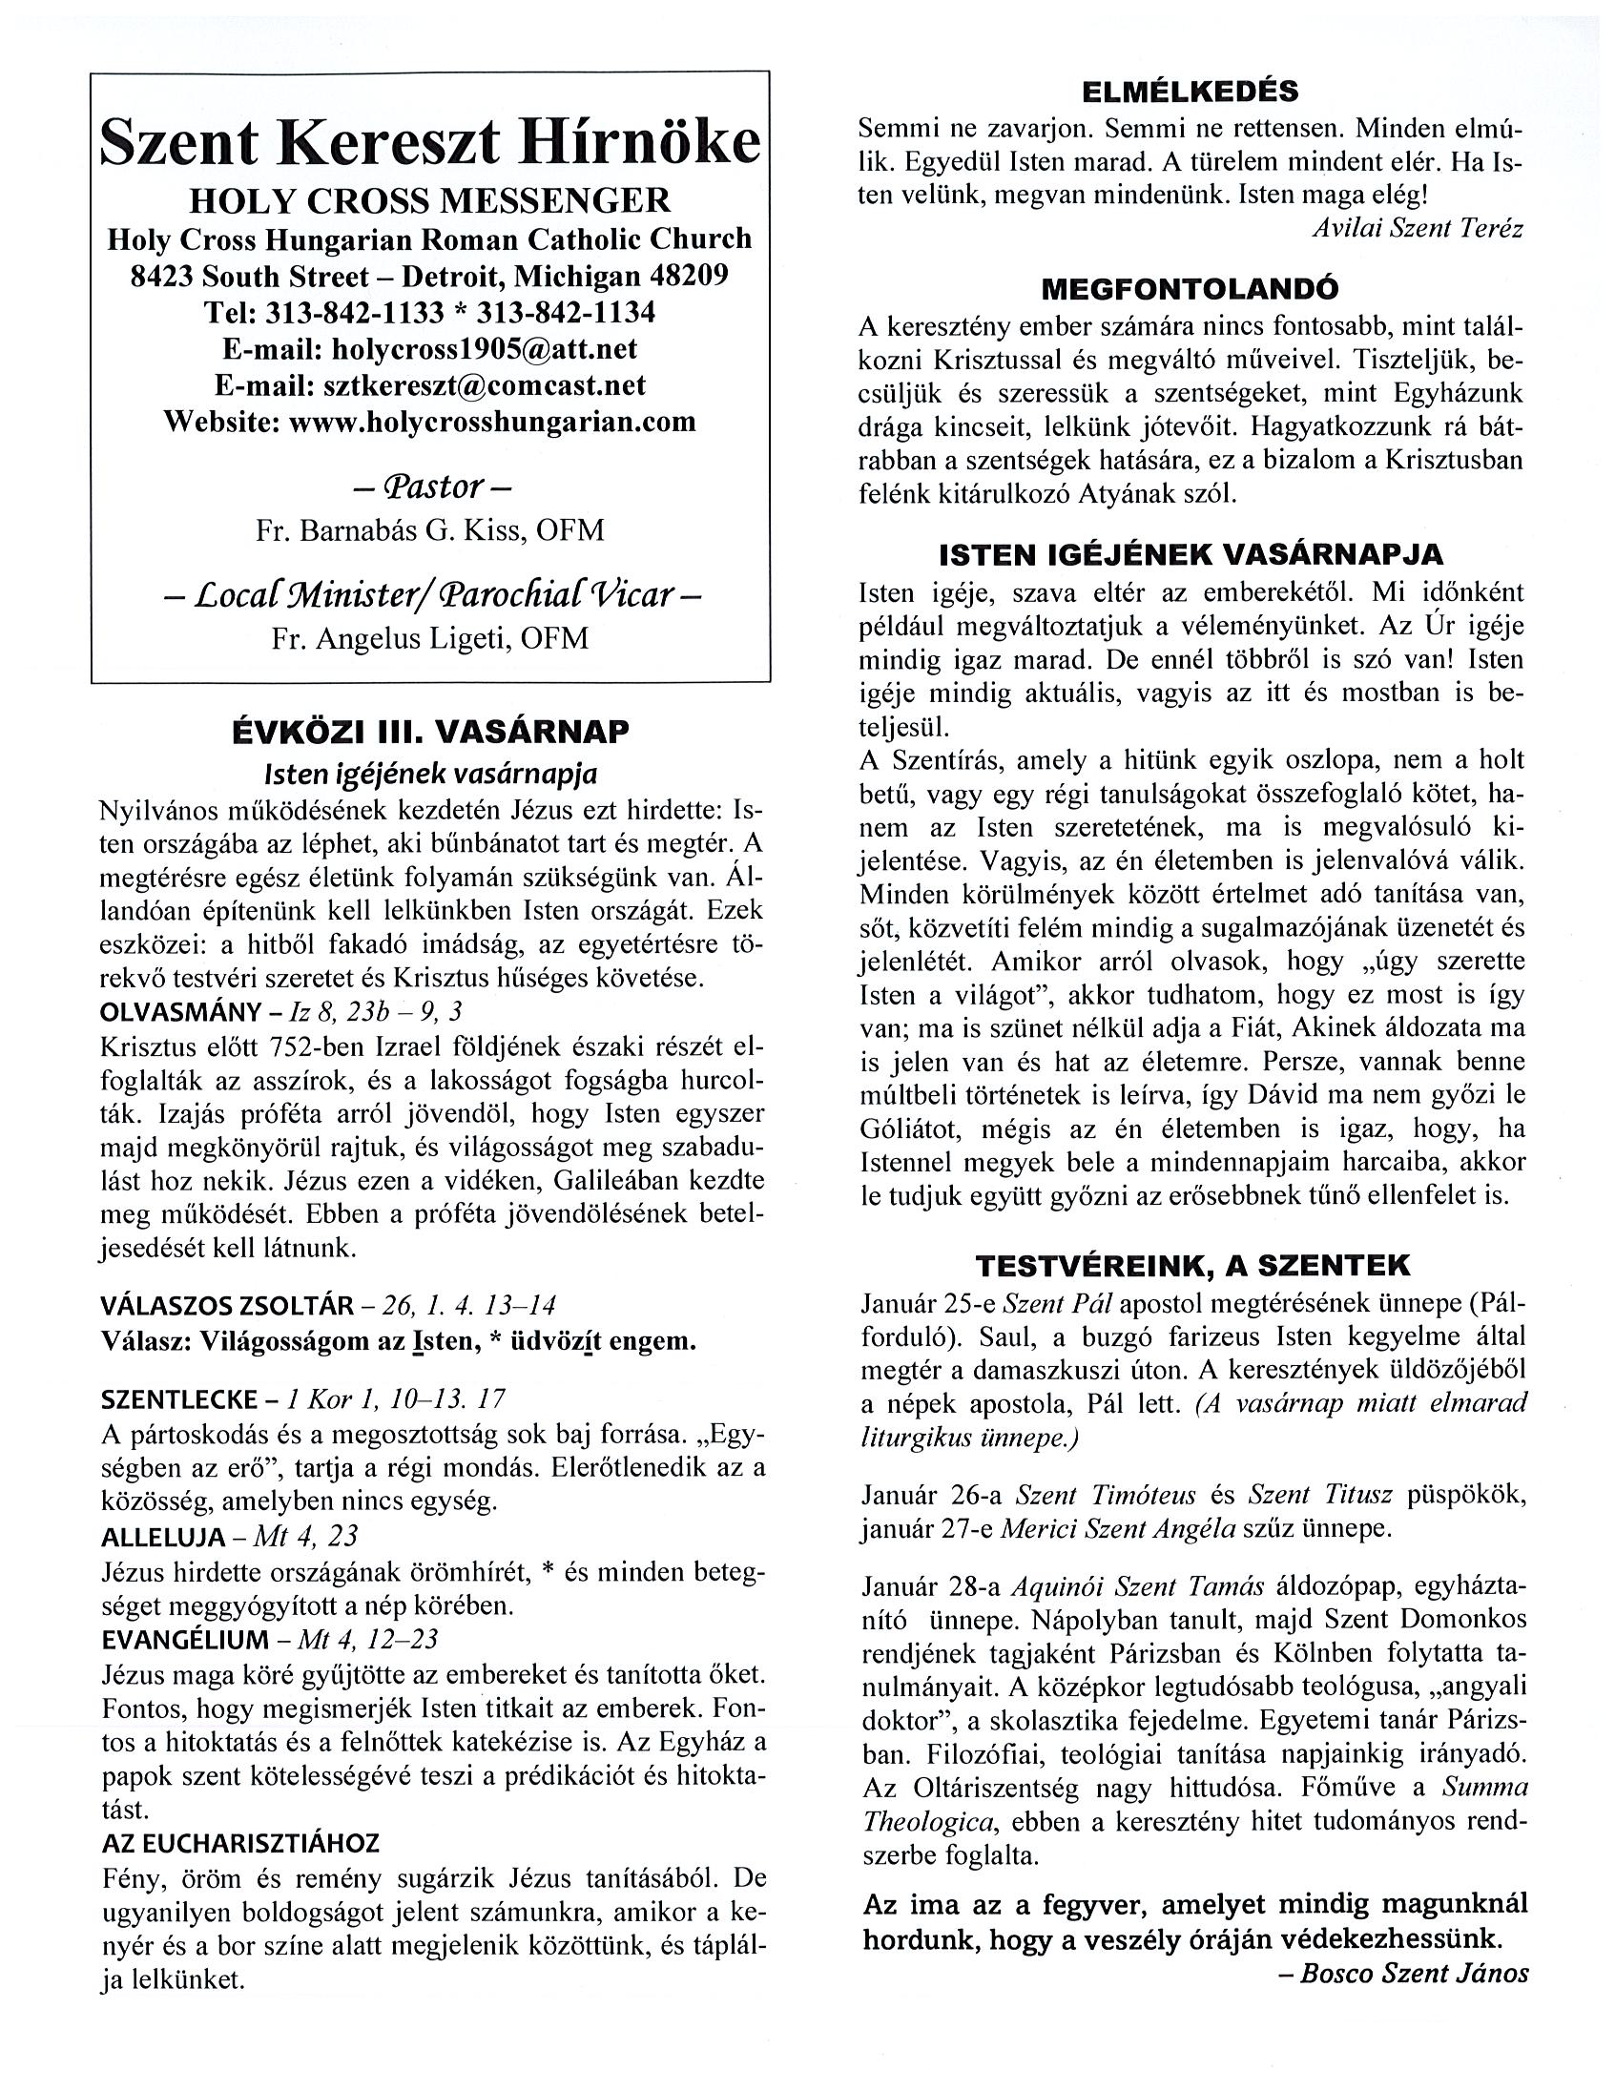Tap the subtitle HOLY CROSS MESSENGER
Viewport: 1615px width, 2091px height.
pyautogui.click(x=430, y=201)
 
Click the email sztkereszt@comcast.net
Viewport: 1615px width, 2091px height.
pyautogui.click(x=486, y=384)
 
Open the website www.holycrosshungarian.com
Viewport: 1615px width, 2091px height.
pyautogui.click(x=492, y=422)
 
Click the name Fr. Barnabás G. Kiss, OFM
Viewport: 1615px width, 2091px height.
pyautogui.click(x=430, y=530)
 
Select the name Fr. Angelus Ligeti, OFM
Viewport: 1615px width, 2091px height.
pyautogui.click(x=430, y=637)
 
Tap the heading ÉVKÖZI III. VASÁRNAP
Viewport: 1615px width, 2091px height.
pyautogui.click(x=430, y=733)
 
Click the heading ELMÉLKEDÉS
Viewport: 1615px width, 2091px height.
pyautogui.click(x=1190, y=92)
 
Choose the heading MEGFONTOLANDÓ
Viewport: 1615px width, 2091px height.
pyautogui.click(x=1190, y=288)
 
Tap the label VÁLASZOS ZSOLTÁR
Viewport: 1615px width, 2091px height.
pyautogui.click(x=226, y=1305)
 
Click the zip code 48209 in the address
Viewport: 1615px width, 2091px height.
pyautogui.click(x=689, y=276)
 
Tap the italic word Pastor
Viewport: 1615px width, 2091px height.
pyautogui.click(x=431, y=487)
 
